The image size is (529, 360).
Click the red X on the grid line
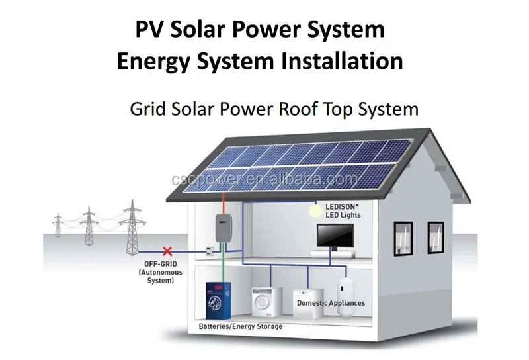167,251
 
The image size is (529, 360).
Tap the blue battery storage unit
218,300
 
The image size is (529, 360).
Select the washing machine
267,302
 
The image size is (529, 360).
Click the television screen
335,236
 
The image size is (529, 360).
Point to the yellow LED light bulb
316,211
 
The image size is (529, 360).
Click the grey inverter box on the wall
224,228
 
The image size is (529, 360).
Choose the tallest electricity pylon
132,227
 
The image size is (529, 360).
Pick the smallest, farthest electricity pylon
58,224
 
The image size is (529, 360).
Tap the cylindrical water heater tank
345,296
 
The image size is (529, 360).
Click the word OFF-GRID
161,264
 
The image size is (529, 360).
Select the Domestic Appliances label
331,303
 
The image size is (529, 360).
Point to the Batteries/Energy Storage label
241,326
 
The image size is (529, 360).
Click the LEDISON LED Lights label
343,210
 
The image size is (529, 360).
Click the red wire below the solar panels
224,203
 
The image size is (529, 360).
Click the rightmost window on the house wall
436,238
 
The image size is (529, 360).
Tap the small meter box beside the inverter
210,251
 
